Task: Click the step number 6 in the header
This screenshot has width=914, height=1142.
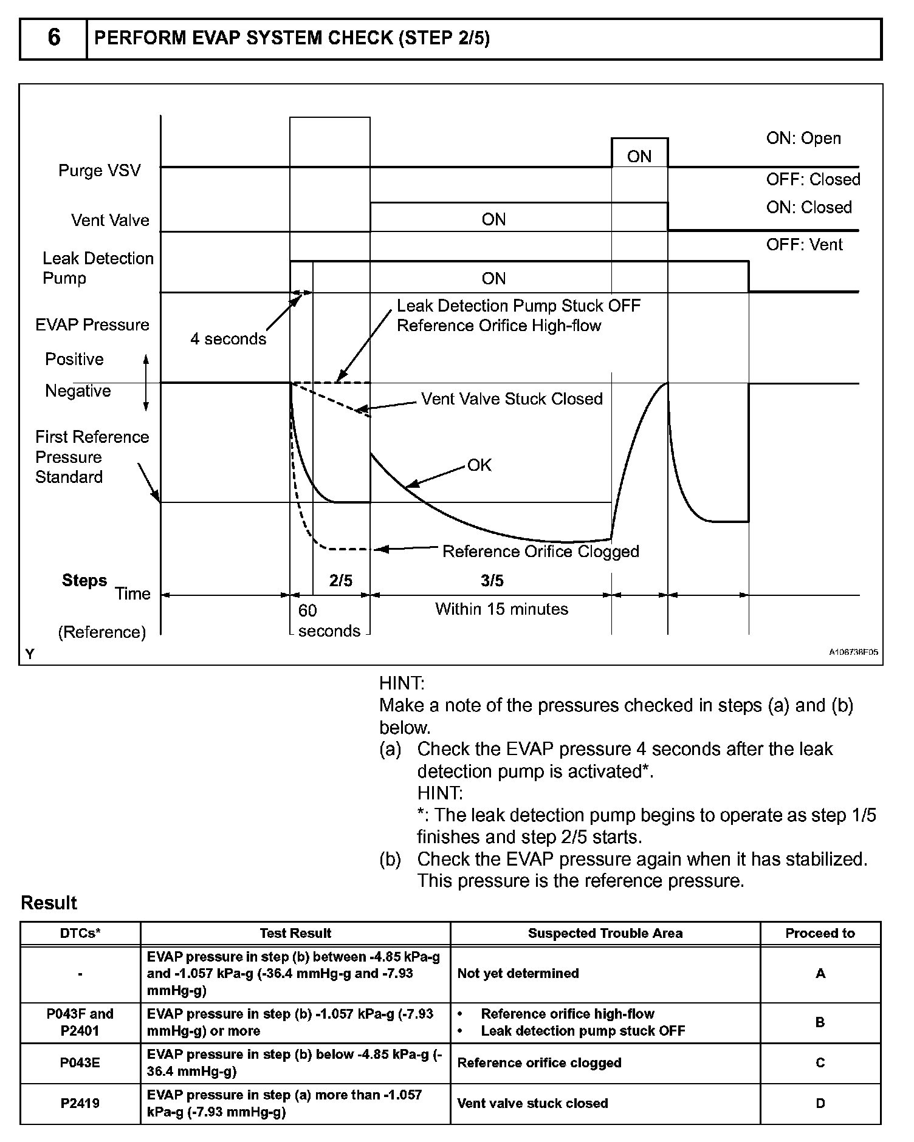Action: [x=53, y=38]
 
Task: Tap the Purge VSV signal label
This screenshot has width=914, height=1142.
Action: [x=99, y=170]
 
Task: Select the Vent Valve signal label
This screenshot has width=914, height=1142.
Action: [x=110, y=220]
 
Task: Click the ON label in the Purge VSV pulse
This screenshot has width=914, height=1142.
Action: [x=639, y=157]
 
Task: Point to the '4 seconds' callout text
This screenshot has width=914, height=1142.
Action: [x=228, y=339]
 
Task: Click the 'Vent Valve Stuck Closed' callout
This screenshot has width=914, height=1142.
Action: [x=512, y=398]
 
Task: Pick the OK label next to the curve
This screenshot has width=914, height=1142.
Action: [x=479, y=465]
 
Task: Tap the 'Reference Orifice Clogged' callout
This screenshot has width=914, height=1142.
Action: [x=540, y=551]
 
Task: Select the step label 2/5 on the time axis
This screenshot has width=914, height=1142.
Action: [x=341, y=581]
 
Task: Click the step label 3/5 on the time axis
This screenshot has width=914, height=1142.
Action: [x=492, y=581]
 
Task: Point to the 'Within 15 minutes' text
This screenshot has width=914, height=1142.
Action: [x=501, y=609]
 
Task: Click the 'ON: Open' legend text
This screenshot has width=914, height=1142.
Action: [x=803, y=138]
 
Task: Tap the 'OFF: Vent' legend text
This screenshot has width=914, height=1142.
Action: [x=804, y=245]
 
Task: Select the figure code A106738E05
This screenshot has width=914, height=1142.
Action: [x=853, y=652]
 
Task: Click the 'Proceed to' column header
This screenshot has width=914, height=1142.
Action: [x=820, y=933]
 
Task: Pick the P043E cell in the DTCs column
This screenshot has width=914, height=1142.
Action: [x=80, y=1062]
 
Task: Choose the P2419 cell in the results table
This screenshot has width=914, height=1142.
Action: [x=80, y=1103]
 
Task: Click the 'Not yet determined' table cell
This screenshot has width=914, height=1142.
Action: [x=518, y=973]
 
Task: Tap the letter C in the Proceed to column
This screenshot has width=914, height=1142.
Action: [x=820, y=1062]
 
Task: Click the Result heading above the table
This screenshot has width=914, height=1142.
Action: [x=49, y=903]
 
